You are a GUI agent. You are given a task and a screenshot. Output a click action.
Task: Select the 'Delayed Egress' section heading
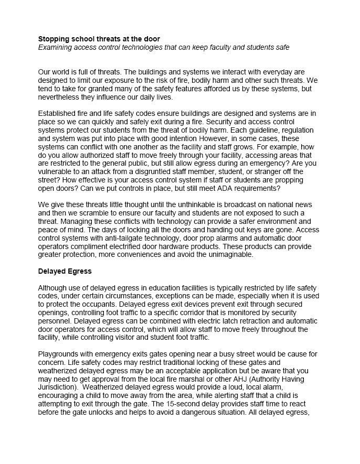[x=65, y=272]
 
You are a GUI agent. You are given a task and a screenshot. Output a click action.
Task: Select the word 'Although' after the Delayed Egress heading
[x=55, y=288]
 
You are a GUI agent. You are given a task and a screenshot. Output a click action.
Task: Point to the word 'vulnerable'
[x=57, y=172]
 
